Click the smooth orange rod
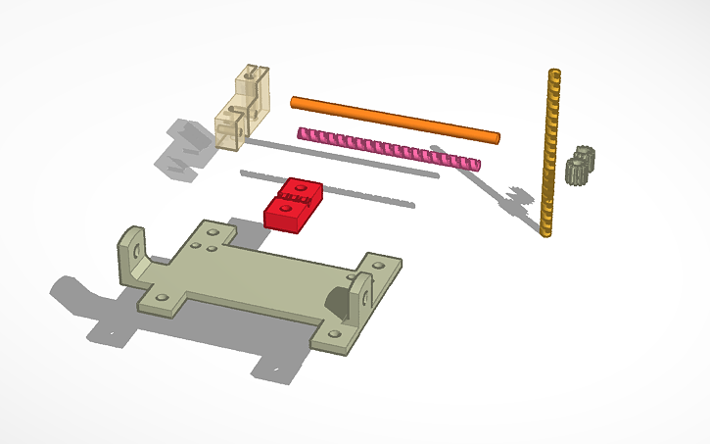(x=392, y=118)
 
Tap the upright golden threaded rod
(x=550, y=147)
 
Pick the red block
(x=293, y=204)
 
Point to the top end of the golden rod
(x=556, y=74)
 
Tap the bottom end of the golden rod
(x=544, y=231)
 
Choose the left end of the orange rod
(x=294, y=100)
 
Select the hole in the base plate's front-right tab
(x=334, y=334)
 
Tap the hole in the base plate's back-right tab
(x=379, y=265)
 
